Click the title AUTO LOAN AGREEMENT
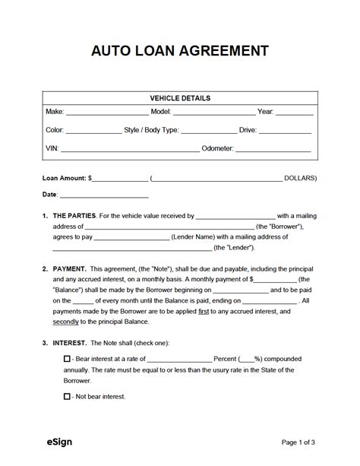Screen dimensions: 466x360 (x=180, y=52)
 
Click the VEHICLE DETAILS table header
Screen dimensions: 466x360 (x=180, y=98)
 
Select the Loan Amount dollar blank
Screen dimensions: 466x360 (x=120, y=180)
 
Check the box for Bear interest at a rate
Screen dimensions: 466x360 (x=67, y=359)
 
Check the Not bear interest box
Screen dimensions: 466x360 (x=67, y=396)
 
